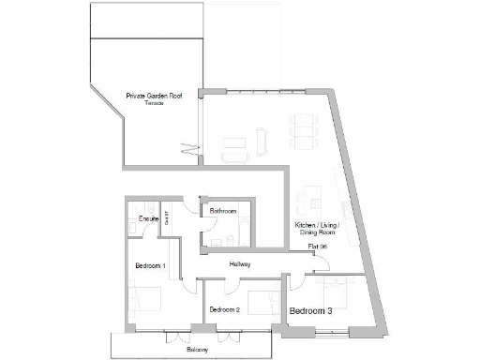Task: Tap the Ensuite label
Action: (148, 218)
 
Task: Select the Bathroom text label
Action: (222, 211)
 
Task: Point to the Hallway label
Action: (239, 265)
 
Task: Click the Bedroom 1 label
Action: (150, 265)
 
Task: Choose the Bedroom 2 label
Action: (225, 309)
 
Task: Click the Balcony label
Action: (196, 349)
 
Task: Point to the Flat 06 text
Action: (317, 247)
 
